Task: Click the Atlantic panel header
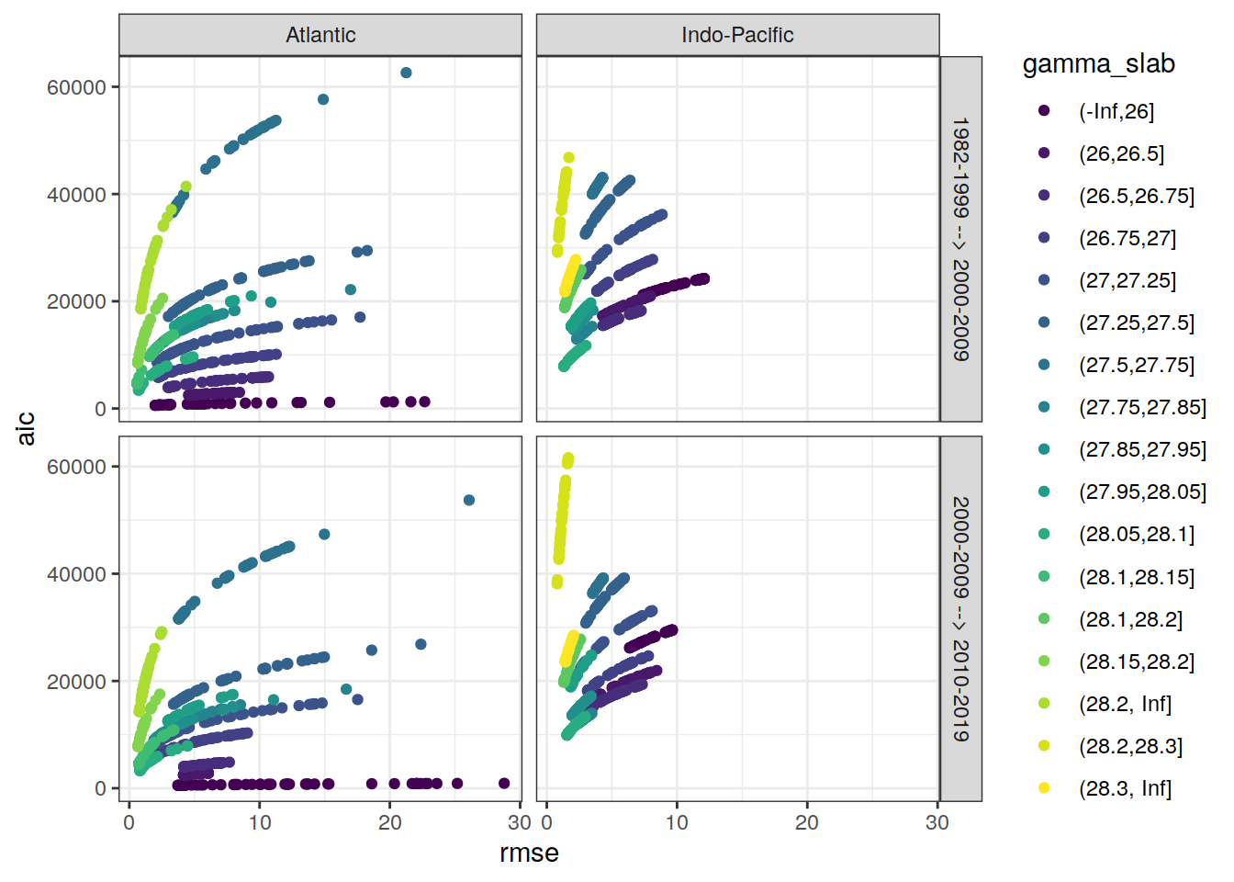pos(320,35)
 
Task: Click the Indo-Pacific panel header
pos(737,35)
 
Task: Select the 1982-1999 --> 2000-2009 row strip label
pos(960,239)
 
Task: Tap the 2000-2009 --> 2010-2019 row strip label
pos(960,618)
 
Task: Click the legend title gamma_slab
pos(1098,63)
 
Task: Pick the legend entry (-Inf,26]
pos(1116,111)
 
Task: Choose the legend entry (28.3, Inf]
pos(1125,788)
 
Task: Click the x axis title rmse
pos(529,854)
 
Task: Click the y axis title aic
pos(26,428)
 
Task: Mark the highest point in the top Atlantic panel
pos(406,73)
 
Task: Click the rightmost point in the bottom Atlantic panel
pos(504,784)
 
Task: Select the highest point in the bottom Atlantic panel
pos(469,501)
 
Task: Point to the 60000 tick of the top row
pos(76,87)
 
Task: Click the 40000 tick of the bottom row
pos(76,574)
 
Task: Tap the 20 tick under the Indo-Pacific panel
pos(807,822)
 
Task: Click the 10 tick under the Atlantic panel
pos(260,822)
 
